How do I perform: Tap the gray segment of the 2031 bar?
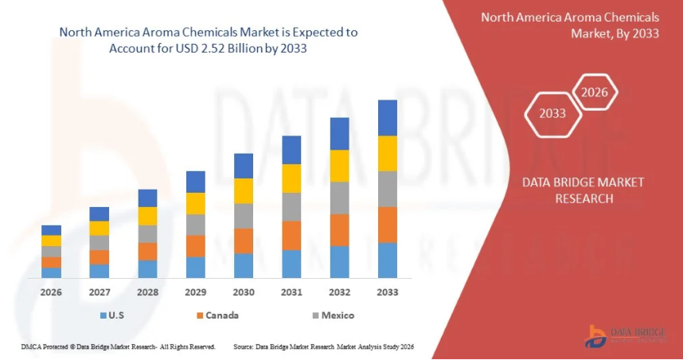click(x=291, y=207)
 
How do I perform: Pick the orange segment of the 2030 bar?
click(x=244, y=241)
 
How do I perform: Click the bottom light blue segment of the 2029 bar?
click(x=196, y=268)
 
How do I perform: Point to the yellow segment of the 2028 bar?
click(x=147, y=216)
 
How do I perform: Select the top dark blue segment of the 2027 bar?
click(x=100, y=213)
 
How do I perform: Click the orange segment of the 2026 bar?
click(x=52, y=262)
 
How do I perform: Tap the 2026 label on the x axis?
click(x=52, y=292)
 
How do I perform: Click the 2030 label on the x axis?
click(x=244, y=292)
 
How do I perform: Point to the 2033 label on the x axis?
click(x=388, y=292)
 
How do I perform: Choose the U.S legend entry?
click(x=111, y=315)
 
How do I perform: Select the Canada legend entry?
click(x=217, y=315)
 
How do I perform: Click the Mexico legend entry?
click(x=333, y=315)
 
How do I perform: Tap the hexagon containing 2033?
click(x=552, y=113)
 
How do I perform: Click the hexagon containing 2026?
click(x=595, y=92)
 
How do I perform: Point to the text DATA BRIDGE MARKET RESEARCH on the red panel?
click(x=583, y=190)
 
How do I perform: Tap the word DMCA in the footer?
click(x=29, y=347)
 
